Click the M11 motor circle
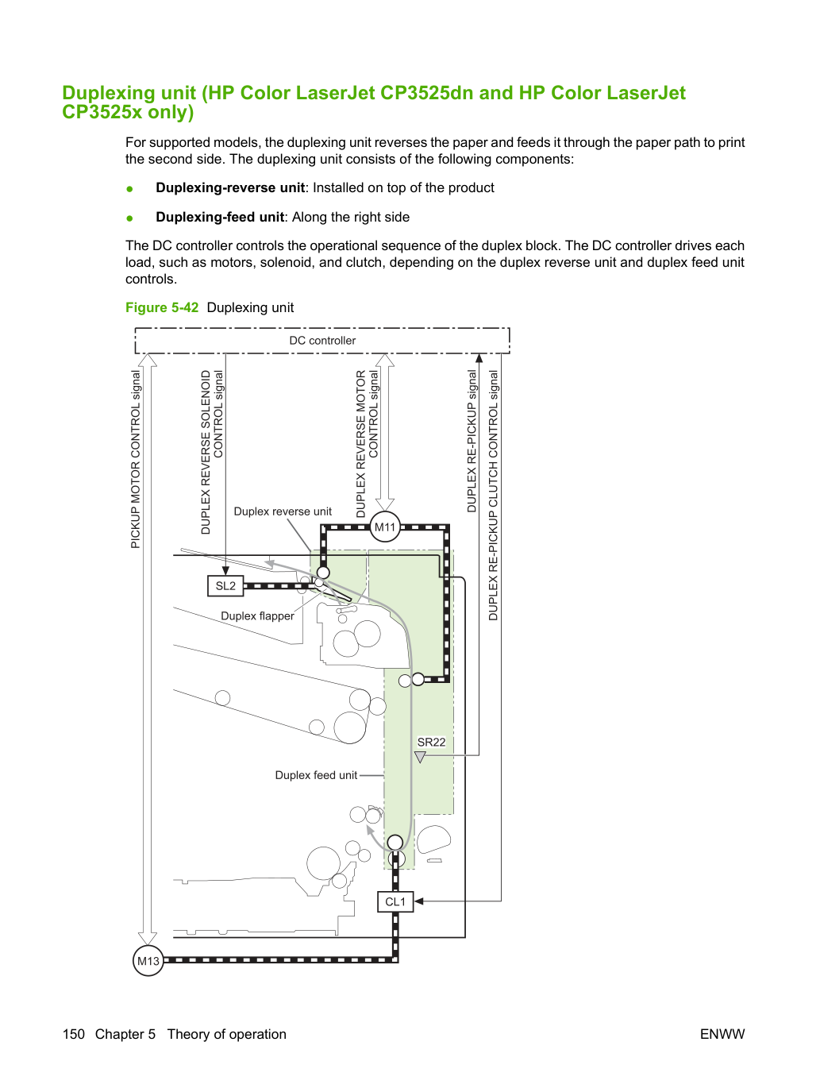pyautogui.click(x=385, y=527)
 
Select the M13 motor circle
pyautogui.click(x=148, y=960)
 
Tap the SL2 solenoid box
pyautogui.click(x=225, y=585)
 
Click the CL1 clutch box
pyautogui.click(x=395, y=901)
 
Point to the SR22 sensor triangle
pyautogui.click(x=420, y=757)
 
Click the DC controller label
pyautogui.click(x=322, y=341)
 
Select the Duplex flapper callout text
pyautogui.click(x=257, y=616)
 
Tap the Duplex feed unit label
pyautogui.click(x=316, y=775)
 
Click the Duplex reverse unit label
pyautogui.click(x=283, y=511)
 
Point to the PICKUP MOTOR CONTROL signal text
pyautogui.click(x=136, y=460)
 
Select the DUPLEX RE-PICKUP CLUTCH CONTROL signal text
pyautogui.click(x=493, y=495)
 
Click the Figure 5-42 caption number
pyautogui.click(x=162, y=307)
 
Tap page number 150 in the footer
pyautogui.click(x=74, y=1034)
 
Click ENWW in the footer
pyautogui.click(x=722, y=1034)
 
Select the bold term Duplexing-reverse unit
pyautogui.click(x=230, y=187)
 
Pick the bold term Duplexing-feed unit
pyautogui.click(x=220, y=217)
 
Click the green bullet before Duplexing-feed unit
pyautogui.click(x=130, y=218)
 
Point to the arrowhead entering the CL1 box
pyautogui.click(x=418, y=901)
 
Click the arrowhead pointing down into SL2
pyautogui.click(x=225, y=571)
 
